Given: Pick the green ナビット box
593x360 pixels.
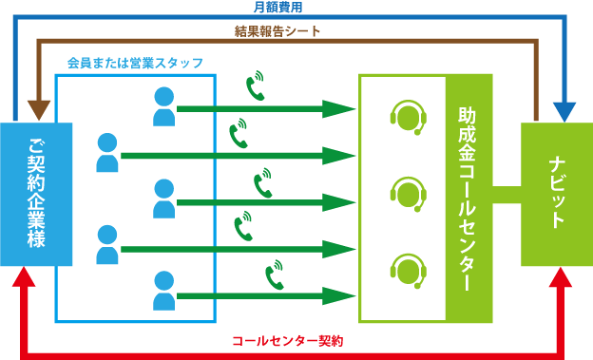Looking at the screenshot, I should [556, 195].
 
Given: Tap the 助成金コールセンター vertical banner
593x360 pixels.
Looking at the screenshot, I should [467, 199].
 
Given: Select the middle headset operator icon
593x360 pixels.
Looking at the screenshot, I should [408, 193].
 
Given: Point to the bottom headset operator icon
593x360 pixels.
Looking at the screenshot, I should [408, 270].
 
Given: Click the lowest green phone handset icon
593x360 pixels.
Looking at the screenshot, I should [275, 275].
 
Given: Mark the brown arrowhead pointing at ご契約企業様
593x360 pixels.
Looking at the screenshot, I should [39, 109].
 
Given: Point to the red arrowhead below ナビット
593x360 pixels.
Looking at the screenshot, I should [564, 276].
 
